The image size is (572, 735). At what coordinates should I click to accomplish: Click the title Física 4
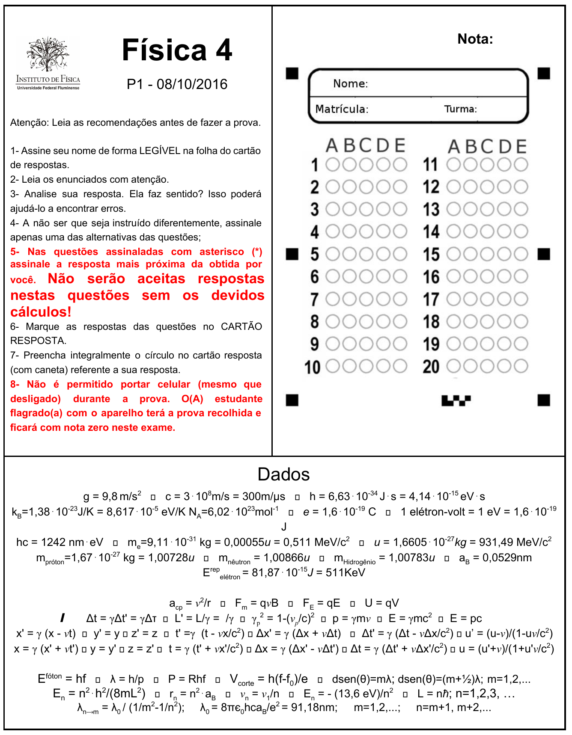(x=177, y=50)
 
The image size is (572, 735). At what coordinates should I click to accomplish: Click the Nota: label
(x=475, y=39)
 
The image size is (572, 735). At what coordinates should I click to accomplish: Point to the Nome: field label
(x=350, y=83)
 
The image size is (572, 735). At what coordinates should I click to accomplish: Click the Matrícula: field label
(x=342, y=109)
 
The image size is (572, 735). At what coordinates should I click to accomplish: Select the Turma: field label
(x=460, y=109)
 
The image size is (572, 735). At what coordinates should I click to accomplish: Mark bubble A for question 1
(x=332, y=165)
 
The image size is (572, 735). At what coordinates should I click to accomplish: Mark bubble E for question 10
(x=400, y=366)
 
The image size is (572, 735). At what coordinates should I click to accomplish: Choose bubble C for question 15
(x=487, y=254)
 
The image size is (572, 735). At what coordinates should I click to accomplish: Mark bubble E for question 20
(x=521, y=366)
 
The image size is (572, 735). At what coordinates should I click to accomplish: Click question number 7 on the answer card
(x=315, y=299)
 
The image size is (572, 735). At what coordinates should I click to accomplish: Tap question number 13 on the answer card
(x=431, y=210)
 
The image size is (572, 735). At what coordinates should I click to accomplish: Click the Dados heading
(x=283, y=474)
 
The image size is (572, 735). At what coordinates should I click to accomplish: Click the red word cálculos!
(x=41, y=312)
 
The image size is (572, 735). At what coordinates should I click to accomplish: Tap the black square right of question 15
(x=544, y=254)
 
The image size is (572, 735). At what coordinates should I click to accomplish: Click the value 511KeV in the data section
(x=345, y=572)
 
